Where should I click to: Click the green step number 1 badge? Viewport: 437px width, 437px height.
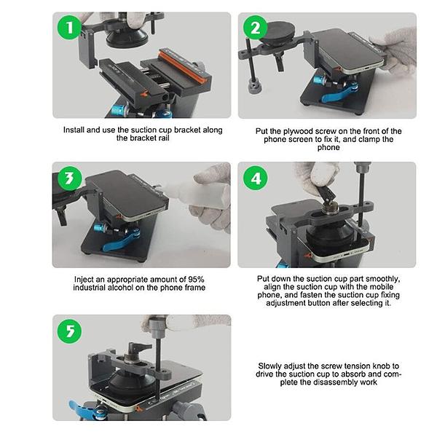pyautogui.click(x=69, y=29)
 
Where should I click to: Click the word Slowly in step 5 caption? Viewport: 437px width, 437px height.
pyautogui.click(x=271, y=366)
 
